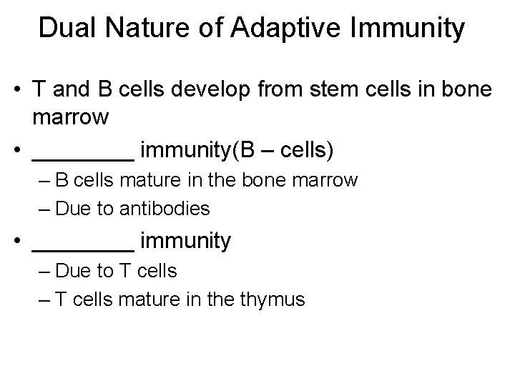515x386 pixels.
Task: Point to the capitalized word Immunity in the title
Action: point(405,29)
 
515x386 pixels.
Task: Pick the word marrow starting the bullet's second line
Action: point(70,117)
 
